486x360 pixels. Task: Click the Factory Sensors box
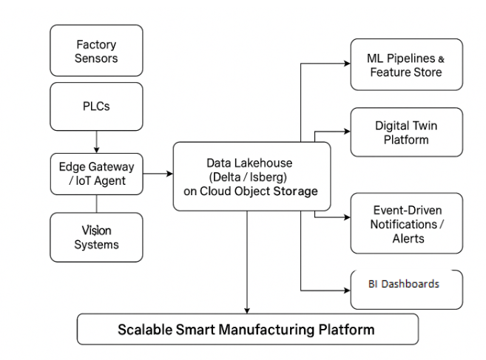96,52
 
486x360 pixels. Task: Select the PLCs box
96,106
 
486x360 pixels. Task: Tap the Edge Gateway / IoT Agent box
96,174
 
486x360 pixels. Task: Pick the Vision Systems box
96,237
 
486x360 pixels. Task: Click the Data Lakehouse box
251,177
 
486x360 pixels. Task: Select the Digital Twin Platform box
406,132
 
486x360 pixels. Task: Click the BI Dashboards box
406,284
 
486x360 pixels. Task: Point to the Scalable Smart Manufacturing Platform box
247,329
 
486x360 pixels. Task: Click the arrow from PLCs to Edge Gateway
96,141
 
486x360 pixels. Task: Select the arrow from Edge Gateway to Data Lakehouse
158,174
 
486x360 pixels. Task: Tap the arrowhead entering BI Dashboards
345,289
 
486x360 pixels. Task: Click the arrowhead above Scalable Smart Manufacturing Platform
247,310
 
